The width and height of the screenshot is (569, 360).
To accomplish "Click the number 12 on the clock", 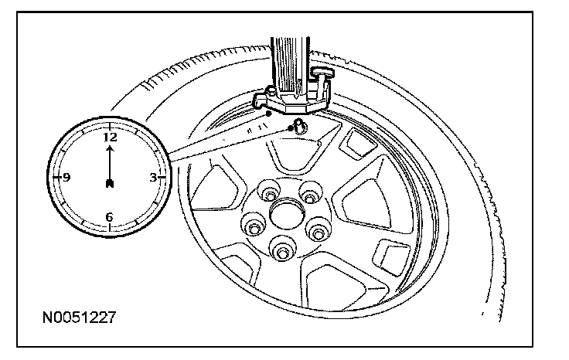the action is click(x=110, y=137).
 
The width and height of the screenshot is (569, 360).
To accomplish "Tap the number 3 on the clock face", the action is click(x=152, y=177).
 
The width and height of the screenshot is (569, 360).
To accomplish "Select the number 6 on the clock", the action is click(x=109, y=217).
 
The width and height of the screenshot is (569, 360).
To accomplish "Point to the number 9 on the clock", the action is click(x=66, y=177).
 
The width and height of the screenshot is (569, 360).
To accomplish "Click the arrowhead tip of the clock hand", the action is click(x=110, y=147).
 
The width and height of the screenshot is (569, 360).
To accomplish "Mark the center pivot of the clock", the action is click(x=110, y=183).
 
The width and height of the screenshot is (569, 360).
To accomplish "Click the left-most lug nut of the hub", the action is click(x=253, y=226).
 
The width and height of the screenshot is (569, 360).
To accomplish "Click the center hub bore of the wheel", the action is click(x=287, y=212).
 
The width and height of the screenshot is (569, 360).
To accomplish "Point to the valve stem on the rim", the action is click(x=297, y=125).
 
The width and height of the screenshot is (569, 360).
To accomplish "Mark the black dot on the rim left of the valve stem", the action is click(x=267, y=114).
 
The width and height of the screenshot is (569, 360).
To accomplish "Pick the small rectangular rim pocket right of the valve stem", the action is click(x=358, y=142).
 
